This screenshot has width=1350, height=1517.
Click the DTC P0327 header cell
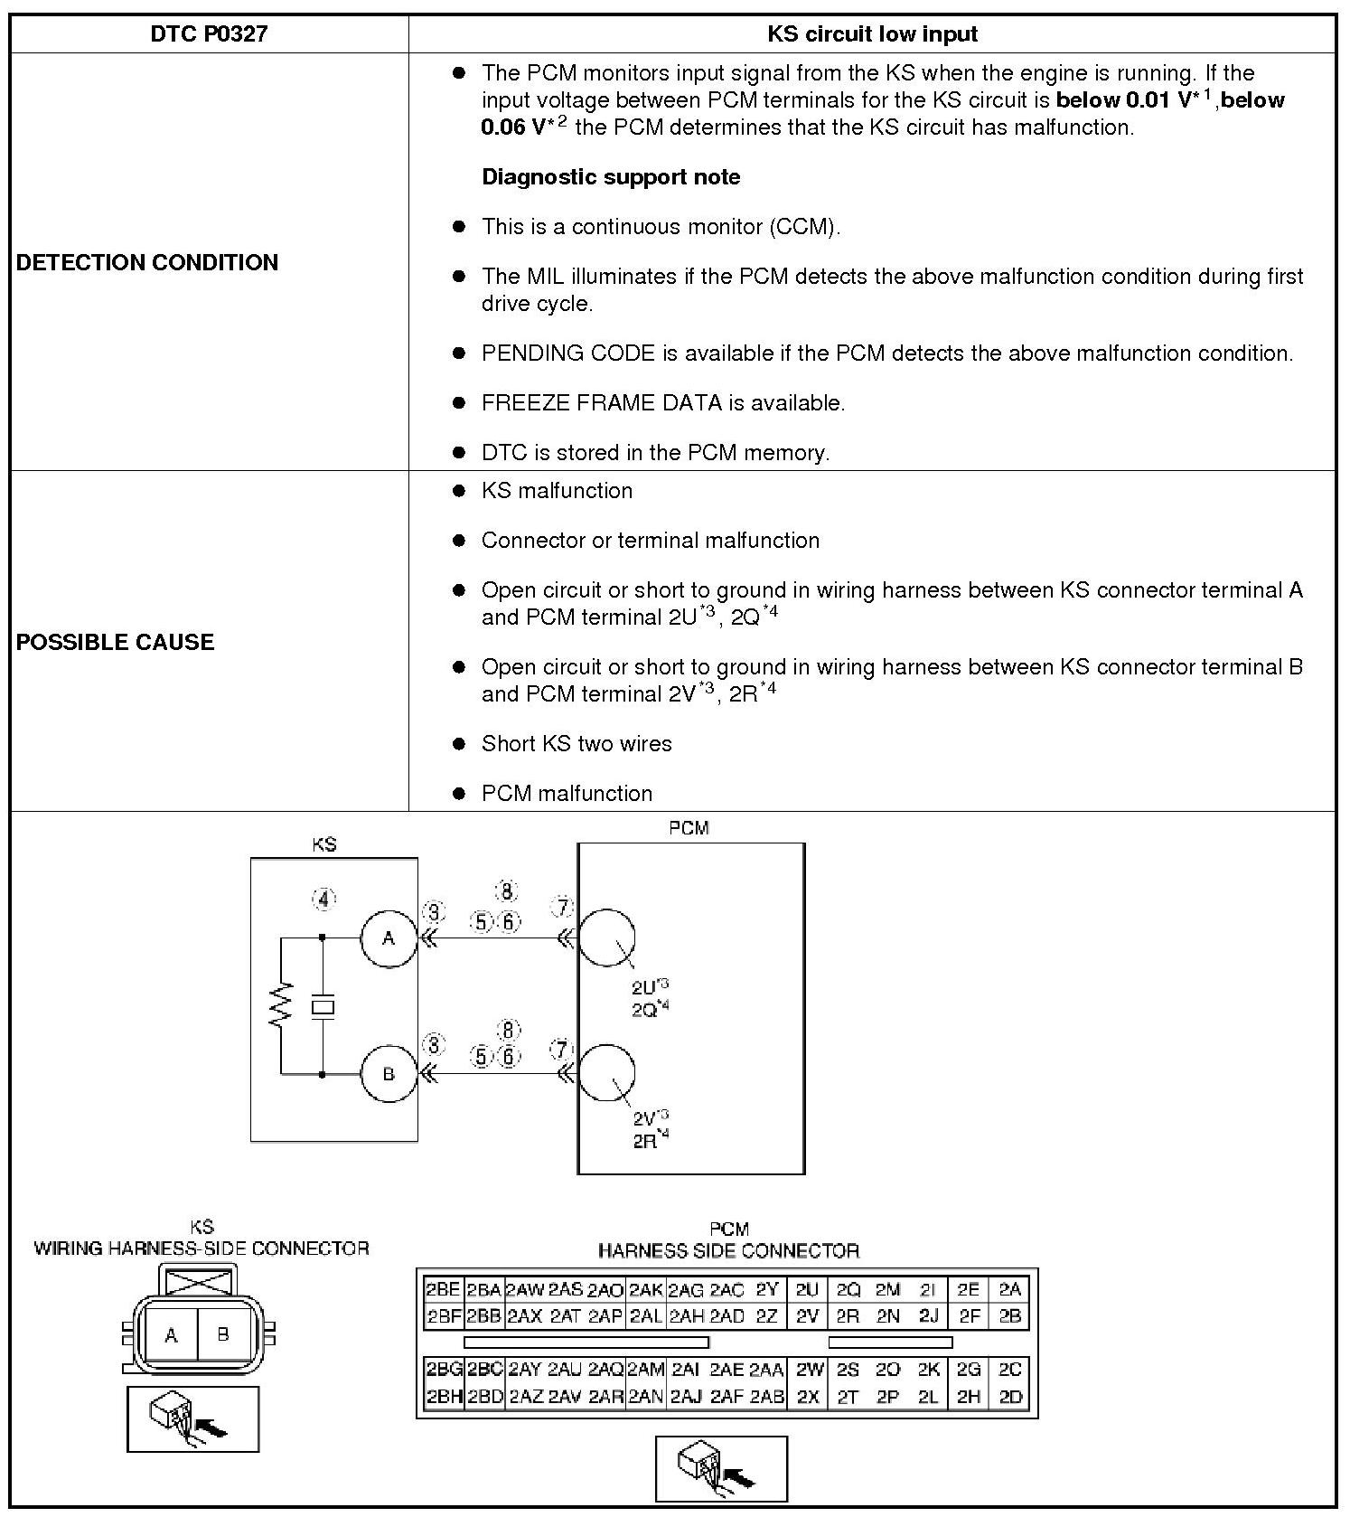click(x=209, y=34)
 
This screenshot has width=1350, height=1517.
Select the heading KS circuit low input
click(x=872, y=34)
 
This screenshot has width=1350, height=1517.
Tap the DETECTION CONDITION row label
click(x=147, y=262)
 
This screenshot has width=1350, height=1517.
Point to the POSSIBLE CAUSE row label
click(x=116, y=642)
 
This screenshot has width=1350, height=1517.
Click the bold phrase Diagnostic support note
click(x=611, y=177)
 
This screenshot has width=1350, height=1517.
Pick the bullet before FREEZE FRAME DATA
click(x=459, y=403)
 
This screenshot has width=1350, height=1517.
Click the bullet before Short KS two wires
click(x=459, y=744)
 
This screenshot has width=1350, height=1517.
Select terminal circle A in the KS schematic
click(x=389, y=938)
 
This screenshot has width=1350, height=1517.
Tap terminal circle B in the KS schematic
click(x=389, y=1074)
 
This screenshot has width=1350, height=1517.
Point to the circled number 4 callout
click(x=323, y=899)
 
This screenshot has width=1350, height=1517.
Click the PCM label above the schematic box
click(x=689, y=828)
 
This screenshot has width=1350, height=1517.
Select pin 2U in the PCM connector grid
click(x=807, y=1290)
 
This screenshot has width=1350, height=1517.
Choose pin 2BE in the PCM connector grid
click(x=443, y=1290)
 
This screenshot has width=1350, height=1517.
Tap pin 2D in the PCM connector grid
click(x=1010, y=1397)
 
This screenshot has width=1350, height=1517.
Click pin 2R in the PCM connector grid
click(x=848, y=1316)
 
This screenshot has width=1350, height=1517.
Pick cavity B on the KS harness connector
click(x=223, y=1333)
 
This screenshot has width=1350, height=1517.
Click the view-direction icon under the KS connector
click(x=192, y=1418)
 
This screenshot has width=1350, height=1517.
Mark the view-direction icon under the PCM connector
click(x=721, y=1468)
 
